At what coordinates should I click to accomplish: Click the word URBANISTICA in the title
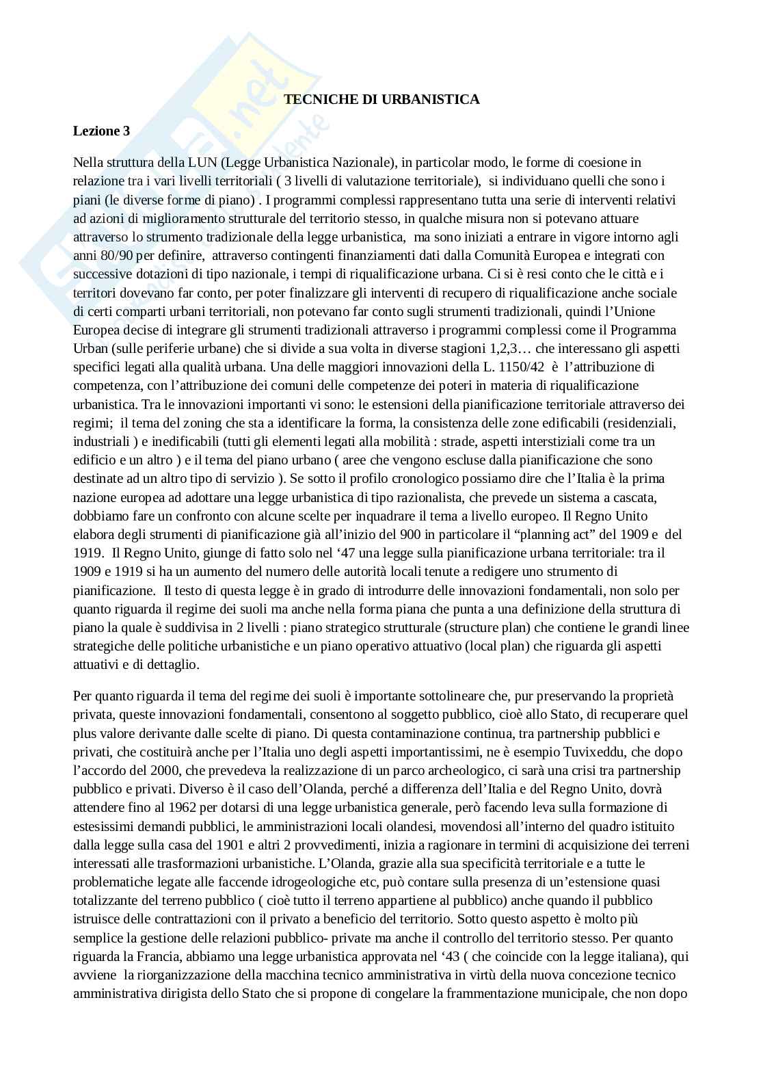click(x=440, y=100)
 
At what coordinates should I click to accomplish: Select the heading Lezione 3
click(x=101, y=131)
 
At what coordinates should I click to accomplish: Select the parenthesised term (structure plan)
click(x=482, y=628)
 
